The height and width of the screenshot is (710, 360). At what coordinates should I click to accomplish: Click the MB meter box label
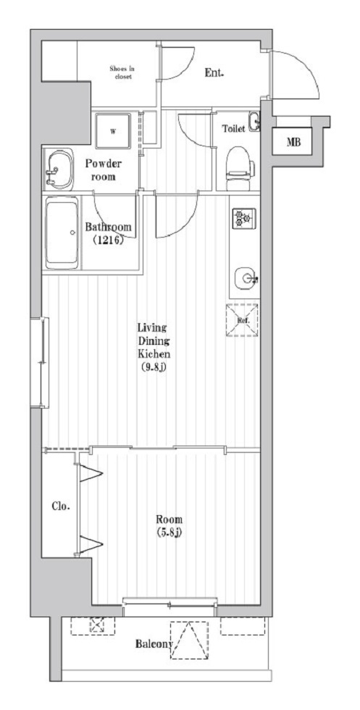293,142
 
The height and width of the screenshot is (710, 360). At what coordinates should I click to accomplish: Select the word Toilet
233,128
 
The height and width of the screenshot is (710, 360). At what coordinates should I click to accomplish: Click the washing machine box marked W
113,130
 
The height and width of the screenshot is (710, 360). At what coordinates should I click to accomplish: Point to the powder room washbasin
57,169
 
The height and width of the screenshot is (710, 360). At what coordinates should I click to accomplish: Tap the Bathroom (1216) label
109,233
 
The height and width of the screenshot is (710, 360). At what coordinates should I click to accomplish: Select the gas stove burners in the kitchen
242,217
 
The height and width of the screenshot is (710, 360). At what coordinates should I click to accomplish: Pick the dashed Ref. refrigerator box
241,319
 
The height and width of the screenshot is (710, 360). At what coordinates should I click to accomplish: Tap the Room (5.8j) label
168,525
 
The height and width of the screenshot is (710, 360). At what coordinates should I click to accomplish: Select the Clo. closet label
60,506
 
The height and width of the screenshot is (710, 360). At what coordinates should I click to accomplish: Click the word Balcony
154,644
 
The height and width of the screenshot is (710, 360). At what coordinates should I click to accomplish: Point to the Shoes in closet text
122,72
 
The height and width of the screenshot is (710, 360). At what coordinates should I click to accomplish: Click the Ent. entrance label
214,72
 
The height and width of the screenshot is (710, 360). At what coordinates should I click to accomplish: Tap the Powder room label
104,169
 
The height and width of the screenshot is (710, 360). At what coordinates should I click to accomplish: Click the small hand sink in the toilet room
254,122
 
